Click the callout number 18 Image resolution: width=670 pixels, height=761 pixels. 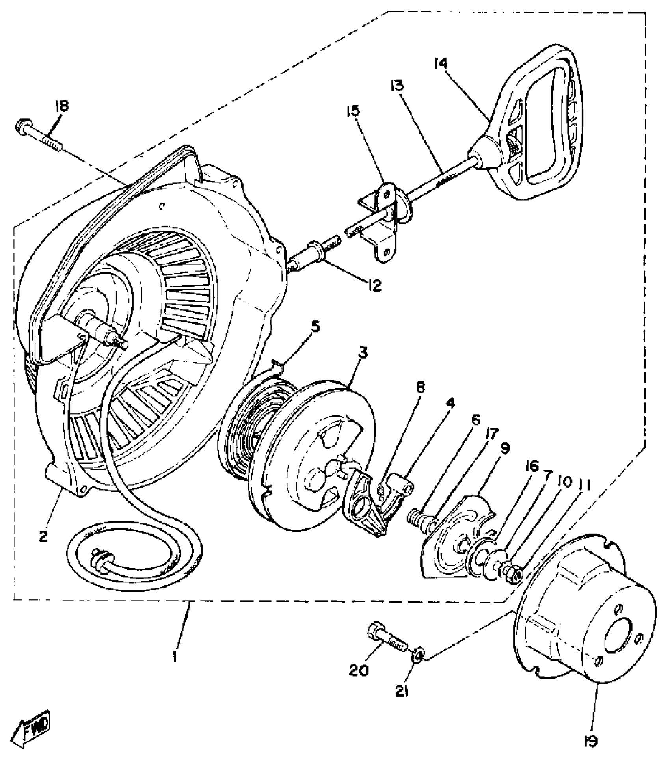coord(61,106)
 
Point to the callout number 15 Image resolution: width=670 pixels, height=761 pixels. coord(353,111)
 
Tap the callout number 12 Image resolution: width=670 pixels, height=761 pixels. coord(374,285)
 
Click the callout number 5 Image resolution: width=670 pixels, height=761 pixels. coord(316,327)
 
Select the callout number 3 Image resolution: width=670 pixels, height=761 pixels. coord(363,353)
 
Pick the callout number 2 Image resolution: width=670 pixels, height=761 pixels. coord(43,536)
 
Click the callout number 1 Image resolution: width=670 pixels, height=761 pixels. coord(175,657)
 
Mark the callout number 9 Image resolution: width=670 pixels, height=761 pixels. coord(505,448)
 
